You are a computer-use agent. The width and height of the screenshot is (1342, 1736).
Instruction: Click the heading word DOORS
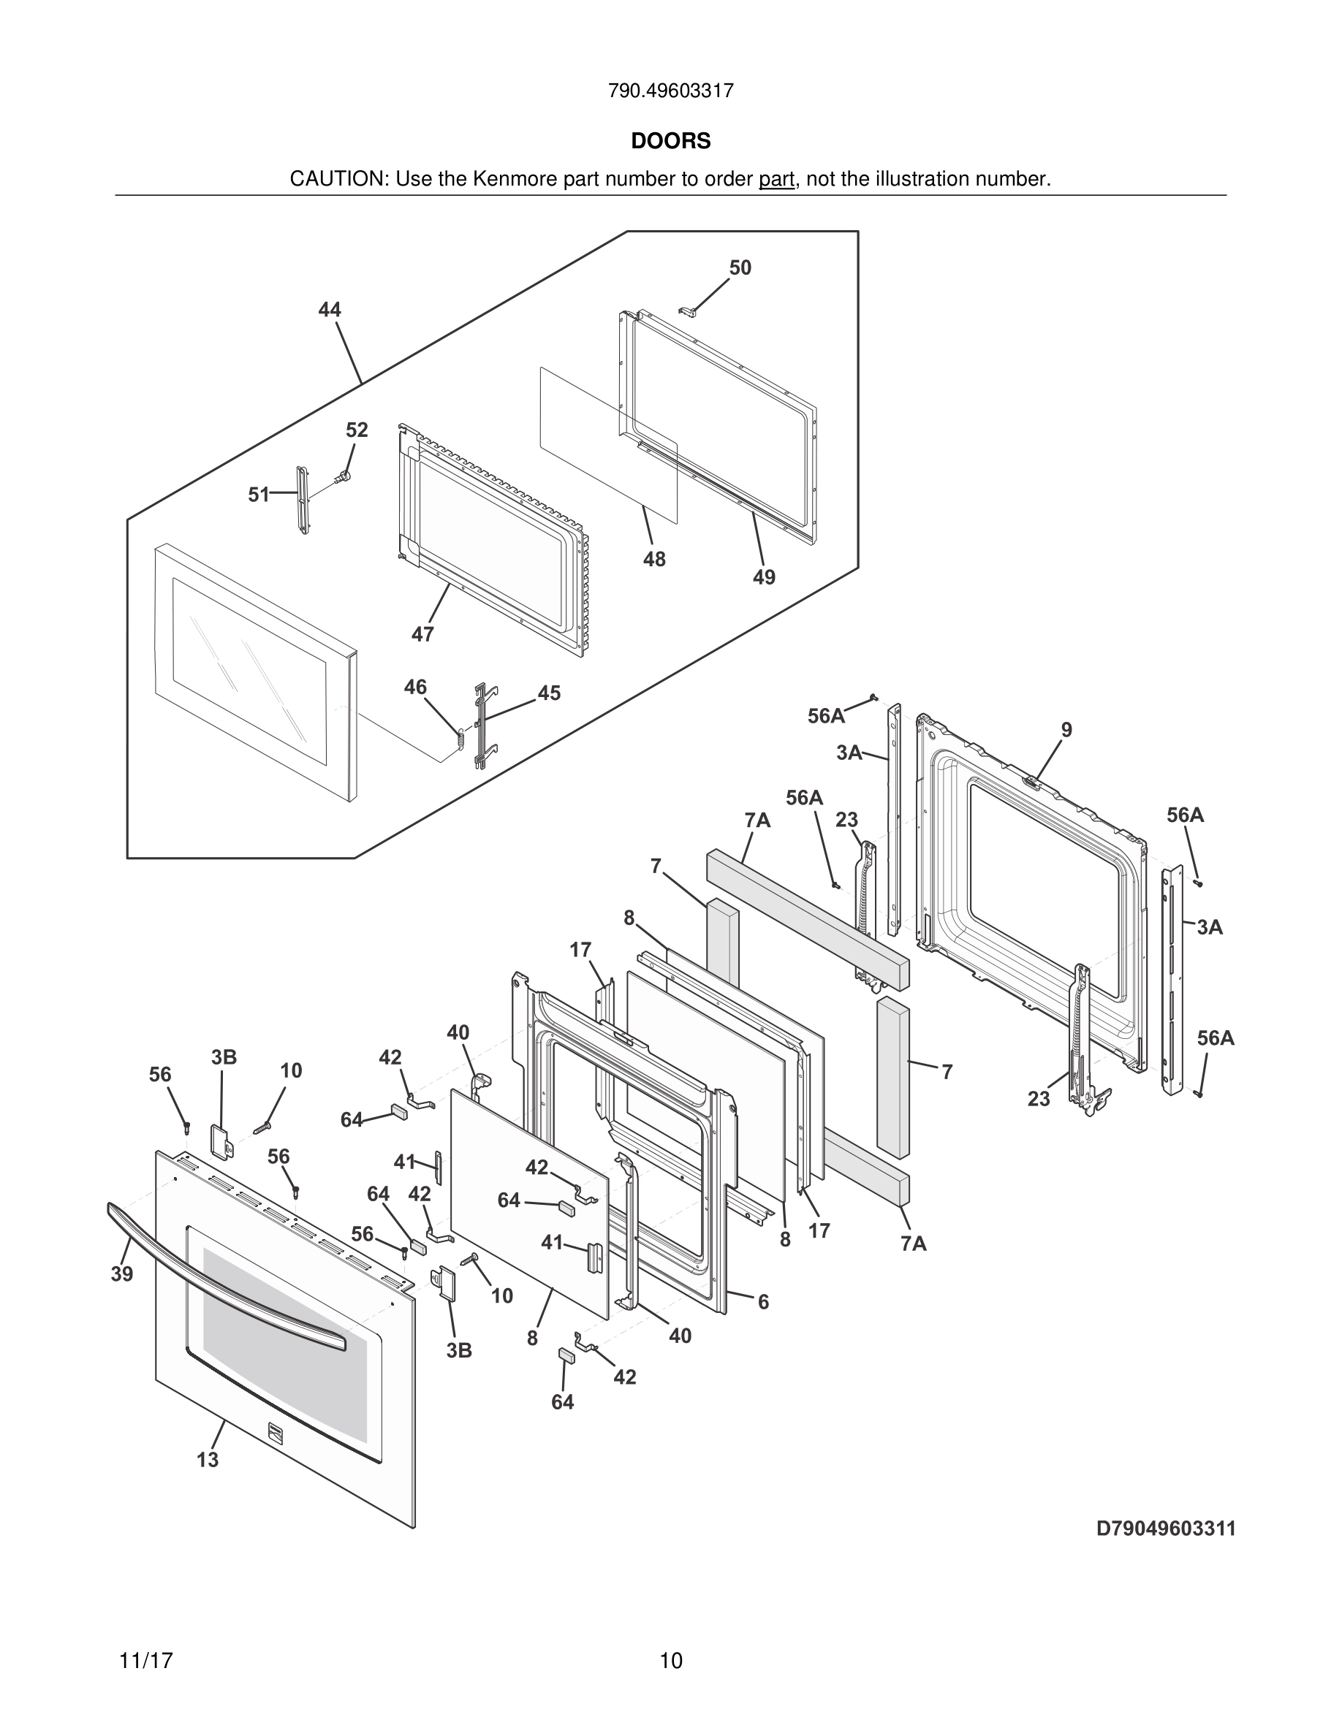(x=670, y=142)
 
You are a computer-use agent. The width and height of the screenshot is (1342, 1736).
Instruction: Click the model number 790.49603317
(x=670, y=91)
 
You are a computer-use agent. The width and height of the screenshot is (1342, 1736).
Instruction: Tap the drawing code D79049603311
(x=1166, y=1528)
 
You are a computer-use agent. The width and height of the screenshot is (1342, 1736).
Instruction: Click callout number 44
(x=330, y=310)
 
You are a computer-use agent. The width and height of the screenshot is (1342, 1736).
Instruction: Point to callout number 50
(x=740, y=269)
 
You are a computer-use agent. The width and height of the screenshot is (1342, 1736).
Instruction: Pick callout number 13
(x=208, y=1460)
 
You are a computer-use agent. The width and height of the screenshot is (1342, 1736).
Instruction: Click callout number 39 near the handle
(x=121, y=1274)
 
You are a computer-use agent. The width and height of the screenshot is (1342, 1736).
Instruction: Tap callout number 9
(x=1066, y=730)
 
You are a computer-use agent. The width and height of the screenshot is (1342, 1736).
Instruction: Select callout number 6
(x=763, y=1302)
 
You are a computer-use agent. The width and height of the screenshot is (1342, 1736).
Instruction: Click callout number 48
(x=653, y=560)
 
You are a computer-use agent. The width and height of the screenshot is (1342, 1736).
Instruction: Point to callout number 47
(x=422, y=634)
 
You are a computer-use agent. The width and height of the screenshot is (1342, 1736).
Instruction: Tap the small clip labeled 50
(x=689, y=309)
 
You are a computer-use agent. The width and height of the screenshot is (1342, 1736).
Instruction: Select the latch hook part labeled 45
(x=482, y=723)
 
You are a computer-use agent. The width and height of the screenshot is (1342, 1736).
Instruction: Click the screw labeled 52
(x=344, y=477)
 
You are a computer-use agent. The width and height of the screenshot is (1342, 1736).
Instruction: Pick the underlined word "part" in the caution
(x=776, y=180)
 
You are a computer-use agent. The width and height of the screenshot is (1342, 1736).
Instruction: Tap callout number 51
(x=258, y=495)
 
